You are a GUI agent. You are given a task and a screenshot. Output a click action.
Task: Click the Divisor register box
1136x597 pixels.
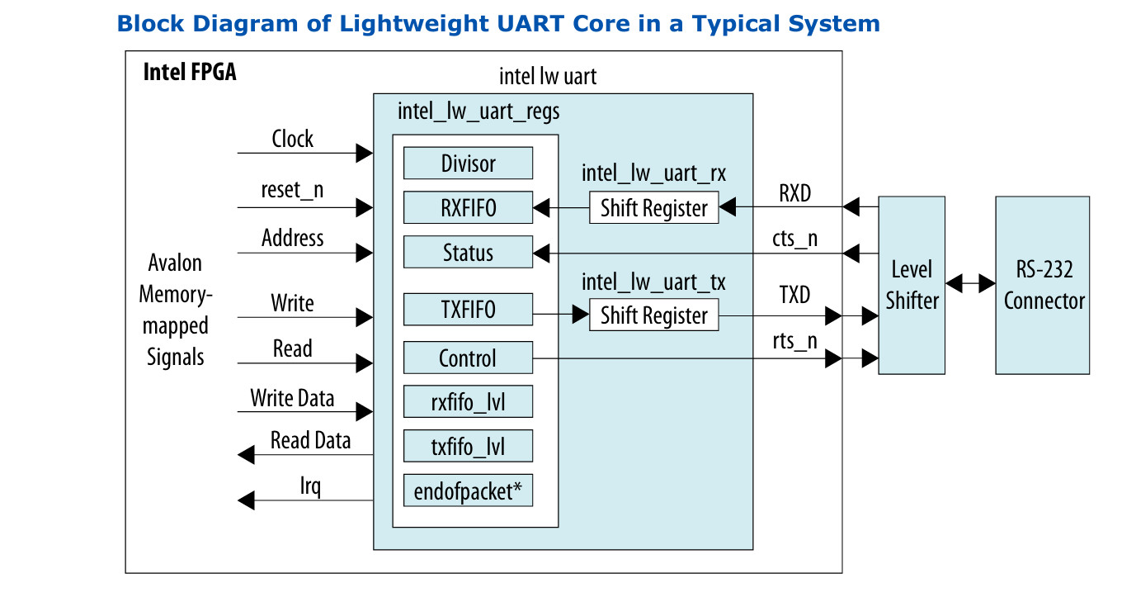pyautogui.click(x=468, y=163)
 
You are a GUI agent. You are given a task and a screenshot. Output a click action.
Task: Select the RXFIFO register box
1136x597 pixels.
pyautogui.click(x=468, y=208)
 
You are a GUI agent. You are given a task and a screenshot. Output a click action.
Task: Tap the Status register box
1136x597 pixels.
pyautogui.click(x=468, y=253)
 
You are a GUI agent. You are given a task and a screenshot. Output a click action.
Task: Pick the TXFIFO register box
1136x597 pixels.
pyautogui.click(x=468, y=311)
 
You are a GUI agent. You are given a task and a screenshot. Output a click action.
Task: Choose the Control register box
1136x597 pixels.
pyautogui.click(x=468, y=358)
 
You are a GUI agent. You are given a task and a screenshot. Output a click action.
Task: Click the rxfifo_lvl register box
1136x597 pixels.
pyautogui.click(x=468, y=402)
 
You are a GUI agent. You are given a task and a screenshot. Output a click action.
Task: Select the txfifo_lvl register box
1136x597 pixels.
pyautogui.click(x=468, y=447)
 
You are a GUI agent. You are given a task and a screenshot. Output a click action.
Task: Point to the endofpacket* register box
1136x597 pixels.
pyautogui.click(x=468, y=491)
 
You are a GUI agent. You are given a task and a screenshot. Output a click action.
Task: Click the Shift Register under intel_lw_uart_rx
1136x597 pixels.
pyautogui.click(x=653, y=208)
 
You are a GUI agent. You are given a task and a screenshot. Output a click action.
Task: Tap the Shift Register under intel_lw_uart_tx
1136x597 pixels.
pyautogui.click(x=653, y=315)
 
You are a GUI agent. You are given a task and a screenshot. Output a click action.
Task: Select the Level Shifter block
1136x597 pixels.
pyautogui.click(x=912, y=285)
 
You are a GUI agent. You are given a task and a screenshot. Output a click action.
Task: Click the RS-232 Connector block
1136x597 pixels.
pyautogui.click(x=1043, y=285)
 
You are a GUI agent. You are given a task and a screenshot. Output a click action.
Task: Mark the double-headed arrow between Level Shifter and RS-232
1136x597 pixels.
pyautogui.click(x=970, y=284)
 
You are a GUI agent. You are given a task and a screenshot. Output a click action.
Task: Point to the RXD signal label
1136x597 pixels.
pyautogui.click(x=795, y=194)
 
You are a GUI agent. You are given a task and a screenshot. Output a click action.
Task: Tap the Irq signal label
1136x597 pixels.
pyautogui.click(x=310, y=486)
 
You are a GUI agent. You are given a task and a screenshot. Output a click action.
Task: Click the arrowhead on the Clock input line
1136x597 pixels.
pyautogui.click(x=364, y=153)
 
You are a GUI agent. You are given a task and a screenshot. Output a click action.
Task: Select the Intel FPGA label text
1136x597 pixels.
pyautogui.click(x=190, y=72)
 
